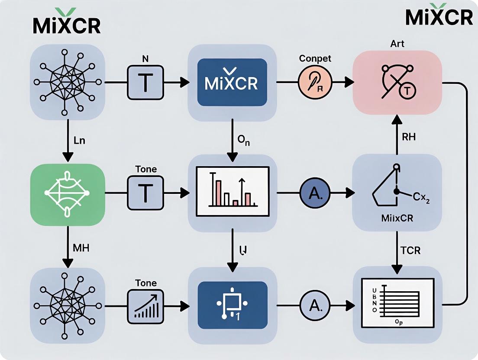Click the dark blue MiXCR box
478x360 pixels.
232,82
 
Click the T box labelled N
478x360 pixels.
145,82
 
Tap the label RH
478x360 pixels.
408,137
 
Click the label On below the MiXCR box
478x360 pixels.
244,141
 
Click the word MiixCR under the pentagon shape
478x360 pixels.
397,218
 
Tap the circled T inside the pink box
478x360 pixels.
407,90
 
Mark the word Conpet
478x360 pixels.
315,59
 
